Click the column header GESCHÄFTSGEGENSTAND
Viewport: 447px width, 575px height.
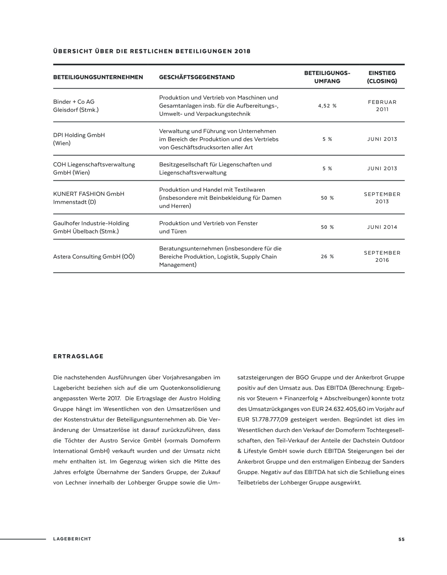[197, 77]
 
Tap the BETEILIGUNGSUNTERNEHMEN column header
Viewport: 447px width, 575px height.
[98, 77]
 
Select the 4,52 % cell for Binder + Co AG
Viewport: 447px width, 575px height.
[327, 106]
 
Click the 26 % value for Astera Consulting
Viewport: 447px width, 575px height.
[327, 256]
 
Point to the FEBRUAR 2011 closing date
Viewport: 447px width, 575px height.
[382, 106]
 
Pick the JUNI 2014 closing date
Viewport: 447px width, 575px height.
[382, 227]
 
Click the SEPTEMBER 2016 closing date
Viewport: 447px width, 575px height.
[382, 256]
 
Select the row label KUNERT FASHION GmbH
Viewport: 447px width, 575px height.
[89, 194]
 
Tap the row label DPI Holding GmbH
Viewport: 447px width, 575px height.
[79, 135]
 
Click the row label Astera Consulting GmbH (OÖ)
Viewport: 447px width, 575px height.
[94, 256]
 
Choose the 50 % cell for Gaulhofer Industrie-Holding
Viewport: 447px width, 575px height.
[327, 227]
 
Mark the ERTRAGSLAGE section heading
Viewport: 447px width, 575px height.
[78, 356]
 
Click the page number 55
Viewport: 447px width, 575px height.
[401, 539]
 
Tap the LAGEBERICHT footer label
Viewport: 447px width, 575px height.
[72, 539]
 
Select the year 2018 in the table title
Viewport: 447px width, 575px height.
[242, 51]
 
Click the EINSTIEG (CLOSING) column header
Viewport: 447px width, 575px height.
[382, 77]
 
